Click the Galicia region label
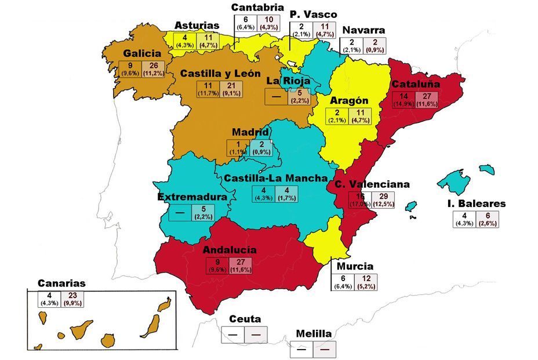coord(141,53)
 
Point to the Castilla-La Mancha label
coord(276,178)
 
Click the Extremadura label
coord(191,197)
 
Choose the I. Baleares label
coord(477,203)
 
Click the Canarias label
coord(61,283)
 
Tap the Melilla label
coord(313,334)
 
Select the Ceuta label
coord(245,319)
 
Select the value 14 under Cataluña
coord(404,96)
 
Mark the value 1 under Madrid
coord(238,145)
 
